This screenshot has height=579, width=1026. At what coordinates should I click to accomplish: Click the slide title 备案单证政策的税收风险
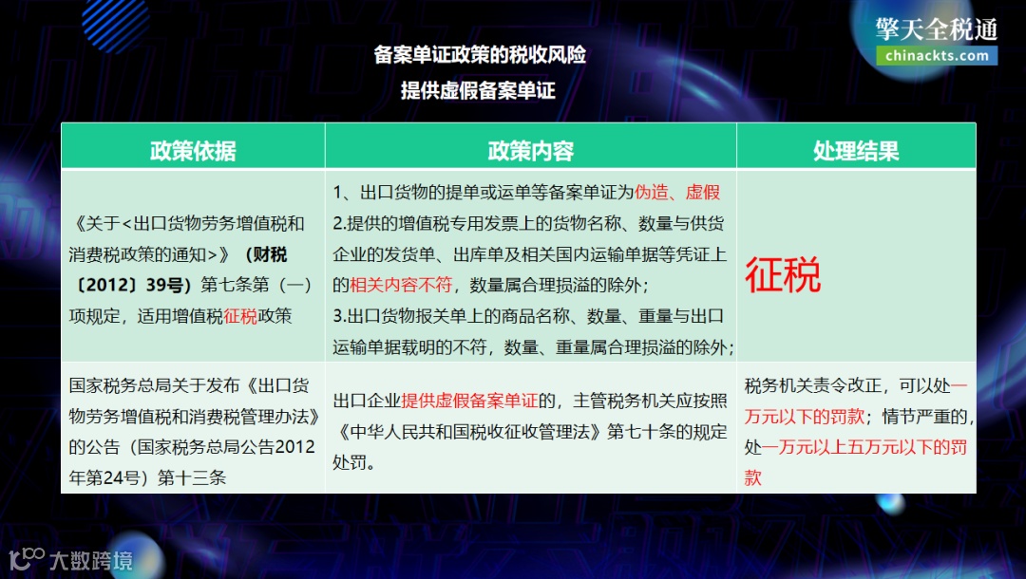480,55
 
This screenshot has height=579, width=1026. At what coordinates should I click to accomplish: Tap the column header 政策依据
193,151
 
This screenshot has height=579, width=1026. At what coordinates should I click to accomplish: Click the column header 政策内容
530,151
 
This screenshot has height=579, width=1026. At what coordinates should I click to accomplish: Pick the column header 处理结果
856,151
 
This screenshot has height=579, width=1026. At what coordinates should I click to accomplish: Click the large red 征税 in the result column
783,275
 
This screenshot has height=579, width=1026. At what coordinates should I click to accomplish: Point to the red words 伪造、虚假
677,193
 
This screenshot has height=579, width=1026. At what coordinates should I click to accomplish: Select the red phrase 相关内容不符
400,284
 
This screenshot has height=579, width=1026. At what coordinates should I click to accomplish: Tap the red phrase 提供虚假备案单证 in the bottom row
469,401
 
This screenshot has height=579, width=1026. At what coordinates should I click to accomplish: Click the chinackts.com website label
937,55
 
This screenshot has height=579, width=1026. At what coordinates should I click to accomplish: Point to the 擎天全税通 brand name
937,28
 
